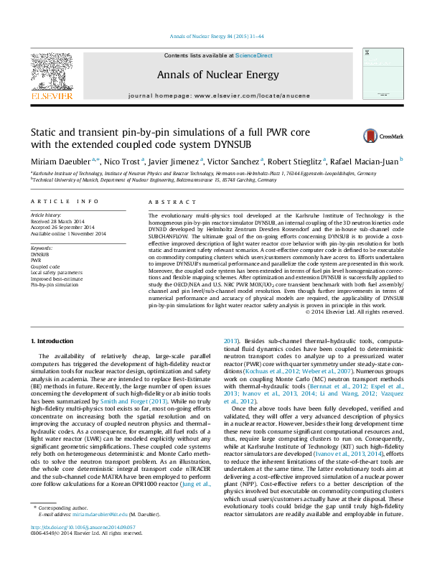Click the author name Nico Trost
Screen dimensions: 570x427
[123, 164]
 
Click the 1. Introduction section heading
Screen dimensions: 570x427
[54, 338]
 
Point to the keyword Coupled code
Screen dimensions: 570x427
[45, 267]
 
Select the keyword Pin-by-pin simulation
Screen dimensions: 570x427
[55, 285]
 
